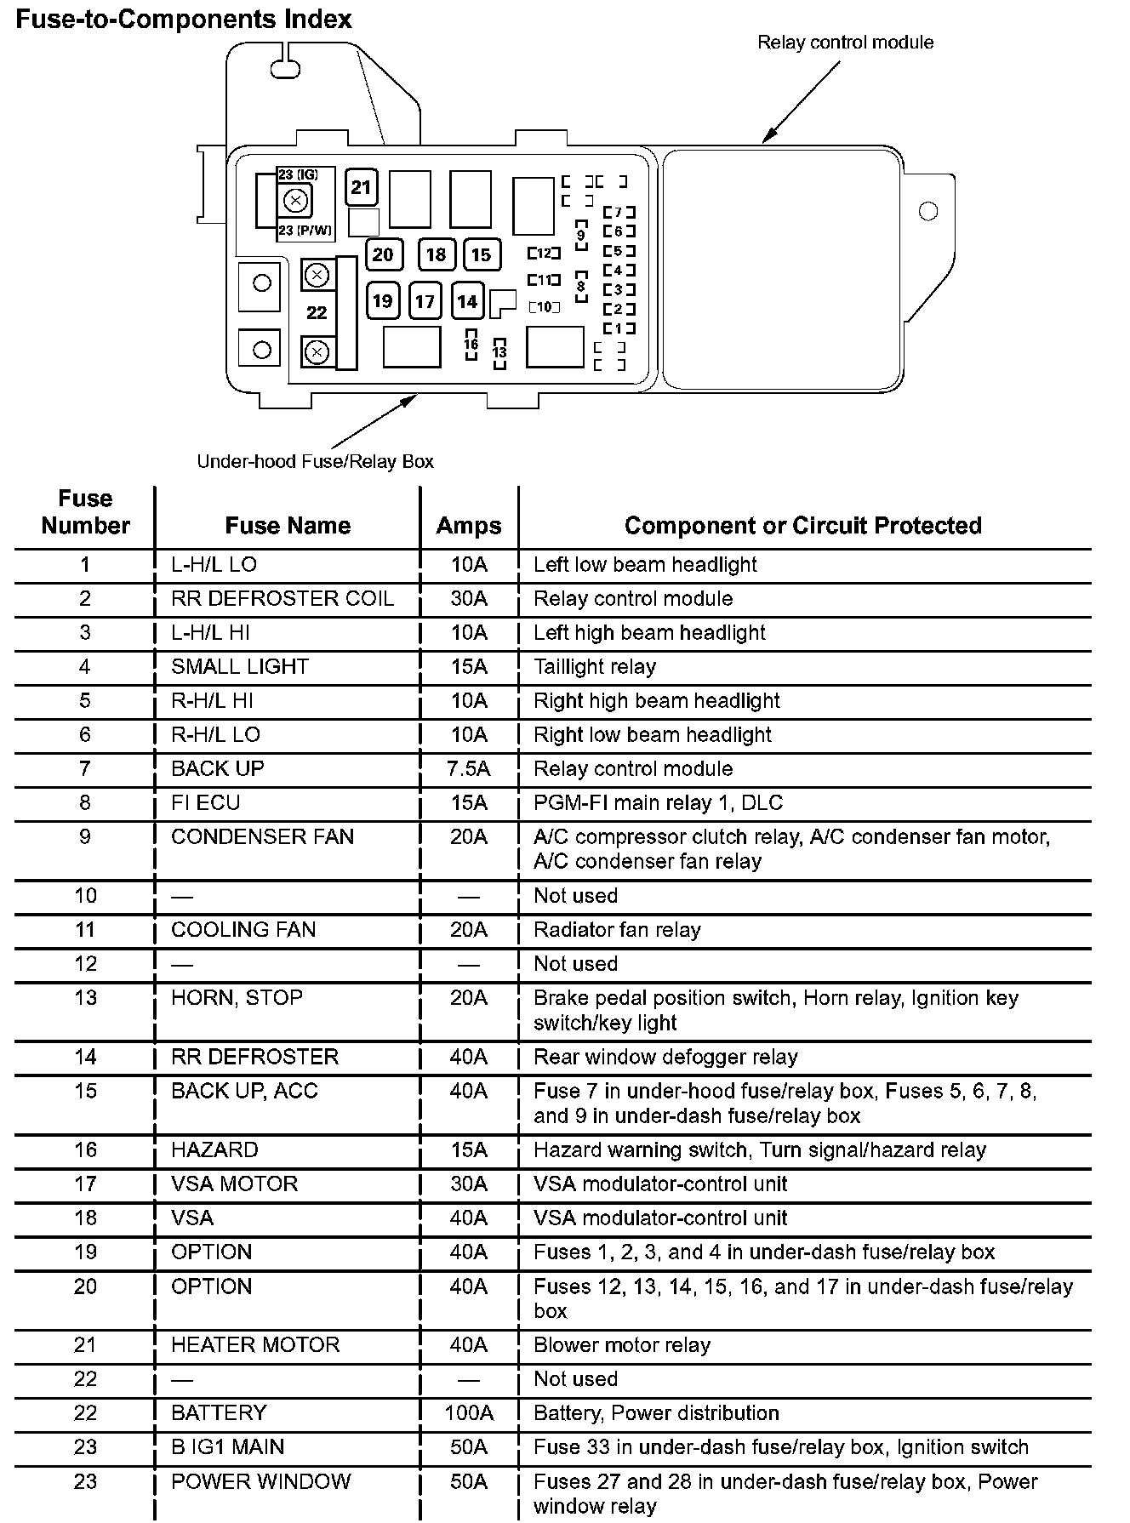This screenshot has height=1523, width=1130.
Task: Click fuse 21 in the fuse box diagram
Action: pos(362,187)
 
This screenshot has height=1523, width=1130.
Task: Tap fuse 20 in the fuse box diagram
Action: pos(383,254)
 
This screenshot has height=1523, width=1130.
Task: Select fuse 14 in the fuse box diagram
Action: pos(467,301)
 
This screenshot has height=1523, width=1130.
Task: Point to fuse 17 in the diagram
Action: pos(425,301)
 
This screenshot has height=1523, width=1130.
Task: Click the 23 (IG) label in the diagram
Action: pos(298,174)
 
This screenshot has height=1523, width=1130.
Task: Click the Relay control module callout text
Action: pos(845,43)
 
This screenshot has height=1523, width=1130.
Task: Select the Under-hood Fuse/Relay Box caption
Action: pos(315,461)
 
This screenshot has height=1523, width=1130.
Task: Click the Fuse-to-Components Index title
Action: pos(184,20)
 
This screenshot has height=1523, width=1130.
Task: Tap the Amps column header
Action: pos(469,526)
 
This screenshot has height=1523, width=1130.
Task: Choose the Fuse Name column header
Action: pos(288,526)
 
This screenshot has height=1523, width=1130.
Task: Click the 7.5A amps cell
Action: pos(469,769)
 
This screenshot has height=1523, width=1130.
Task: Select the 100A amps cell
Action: pos(469,1413)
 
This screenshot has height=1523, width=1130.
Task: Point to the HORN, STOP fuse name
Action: pos(237,997)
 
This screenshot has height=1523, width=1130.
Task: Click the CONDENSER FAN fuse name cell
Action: pos(262,837)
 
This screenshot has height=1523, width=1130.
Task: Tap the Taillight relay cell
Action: pos(595,667)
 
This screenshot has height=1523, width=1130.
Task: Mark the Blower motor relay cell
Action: pos(621,1345)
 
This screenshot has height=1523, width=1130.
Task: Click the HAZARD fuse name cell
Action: pos(214,1150)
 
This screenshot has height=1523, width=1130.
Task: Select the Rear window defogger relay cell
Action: pos(665,1057)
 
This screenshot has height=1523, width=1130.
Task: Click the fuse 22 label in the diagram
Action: pos(317,312)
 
